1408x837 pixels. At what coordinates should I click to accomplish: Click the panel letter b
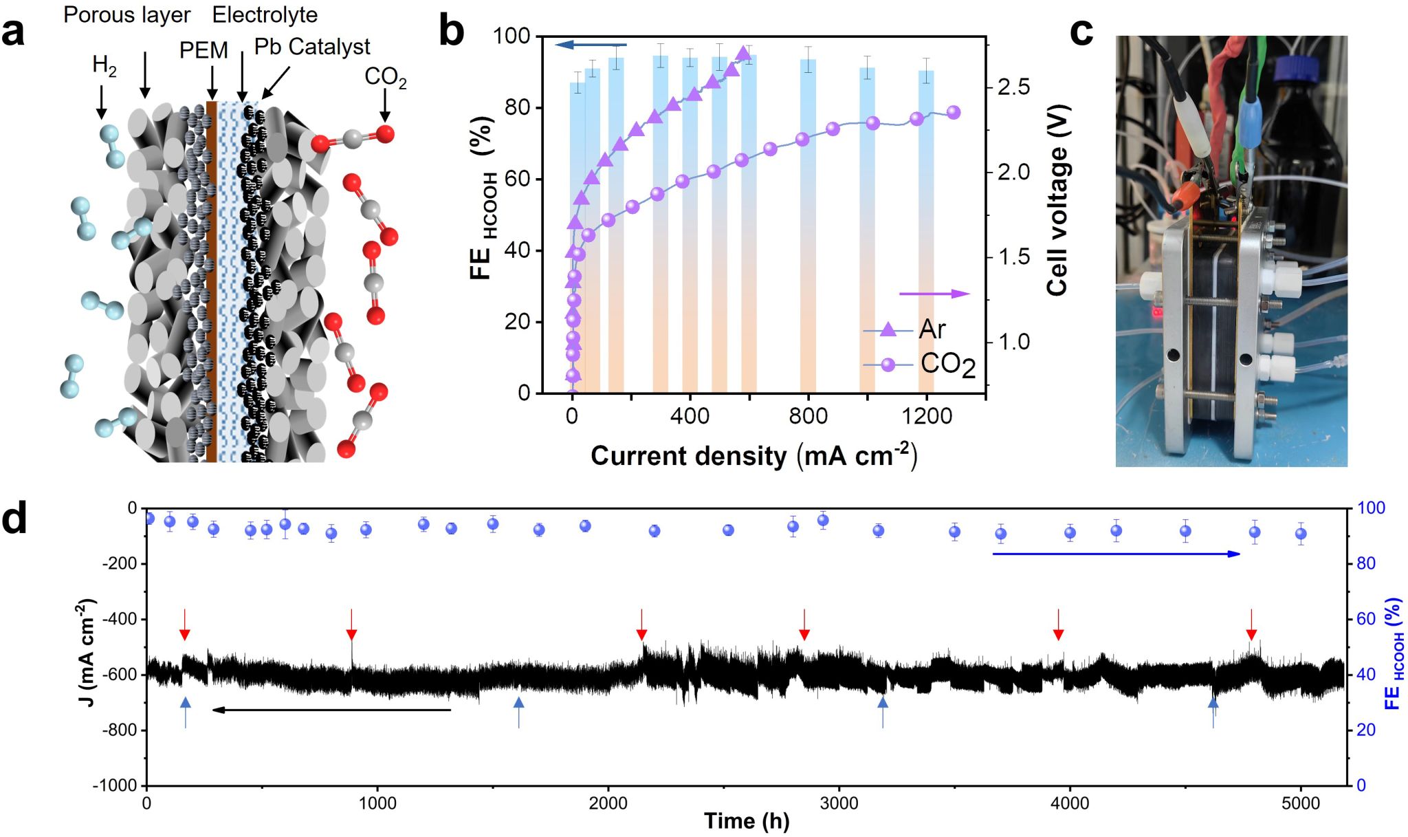452,32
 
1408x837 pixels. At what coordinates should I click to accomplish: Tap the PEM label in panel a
203,50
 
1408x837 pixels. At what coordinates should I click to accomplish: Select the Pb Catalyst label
312,47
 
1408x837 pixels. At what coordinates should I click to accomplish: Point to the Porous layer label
126,14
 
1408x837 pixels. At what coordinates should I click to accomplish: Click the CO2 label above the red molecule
385,77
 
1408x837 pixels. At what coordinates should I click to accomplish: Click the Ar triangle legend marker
888,330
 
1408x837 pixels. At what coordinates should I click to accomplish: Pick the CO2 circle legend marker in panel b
888,365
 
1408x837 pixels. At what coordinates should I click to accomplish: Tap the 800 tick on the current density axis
808,416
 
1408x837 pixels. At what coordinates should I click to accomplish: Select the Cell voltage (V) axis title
1058,199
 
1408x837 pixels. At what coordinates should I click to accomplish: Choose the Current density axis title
753,456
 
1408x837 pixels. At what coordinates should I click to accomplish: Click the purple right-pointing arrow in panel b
935,294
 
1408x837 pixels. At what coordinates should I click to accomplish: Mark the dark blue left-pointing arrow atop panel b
591,45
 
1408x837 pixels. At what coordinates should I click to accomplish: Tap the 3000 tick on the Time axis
839,803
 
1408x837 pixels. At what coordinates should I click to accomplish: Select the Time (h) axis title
747,821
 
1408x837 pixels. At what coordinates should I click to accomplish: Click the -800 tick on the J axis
119,730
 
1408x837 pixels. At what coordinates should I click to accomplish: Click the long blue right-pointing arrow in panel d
1116,554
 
